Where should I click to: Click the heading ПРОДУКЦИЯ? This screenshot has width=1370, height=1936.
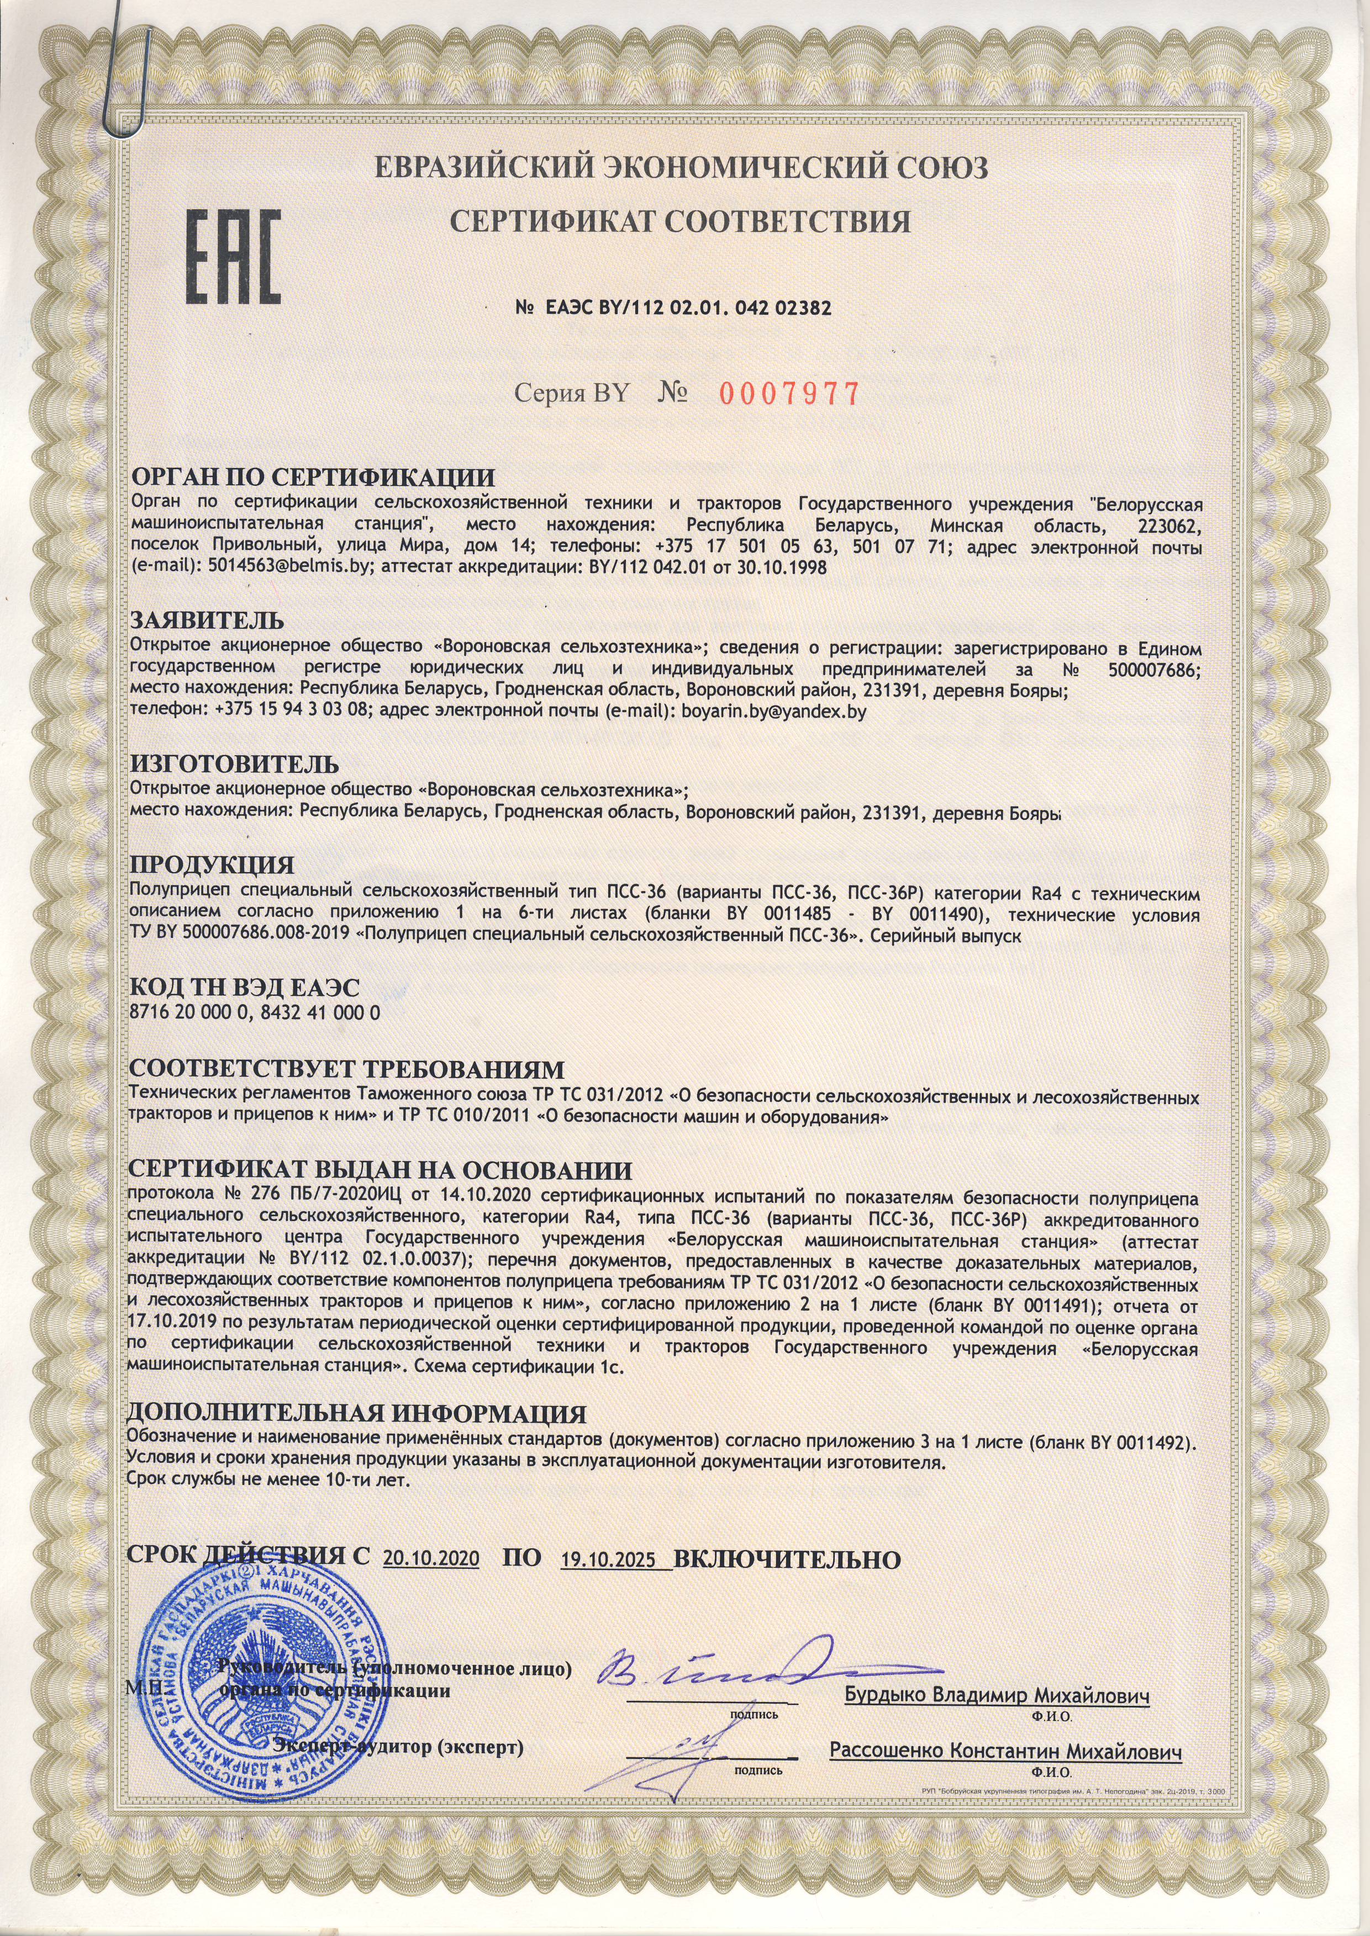tap(211, 865)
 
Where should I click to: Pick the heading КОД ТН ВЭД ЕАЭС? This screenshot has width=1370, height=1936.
tap(244, 988)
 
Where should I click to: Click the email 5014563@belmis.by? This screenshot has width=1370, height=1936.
tap(285, 567)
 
